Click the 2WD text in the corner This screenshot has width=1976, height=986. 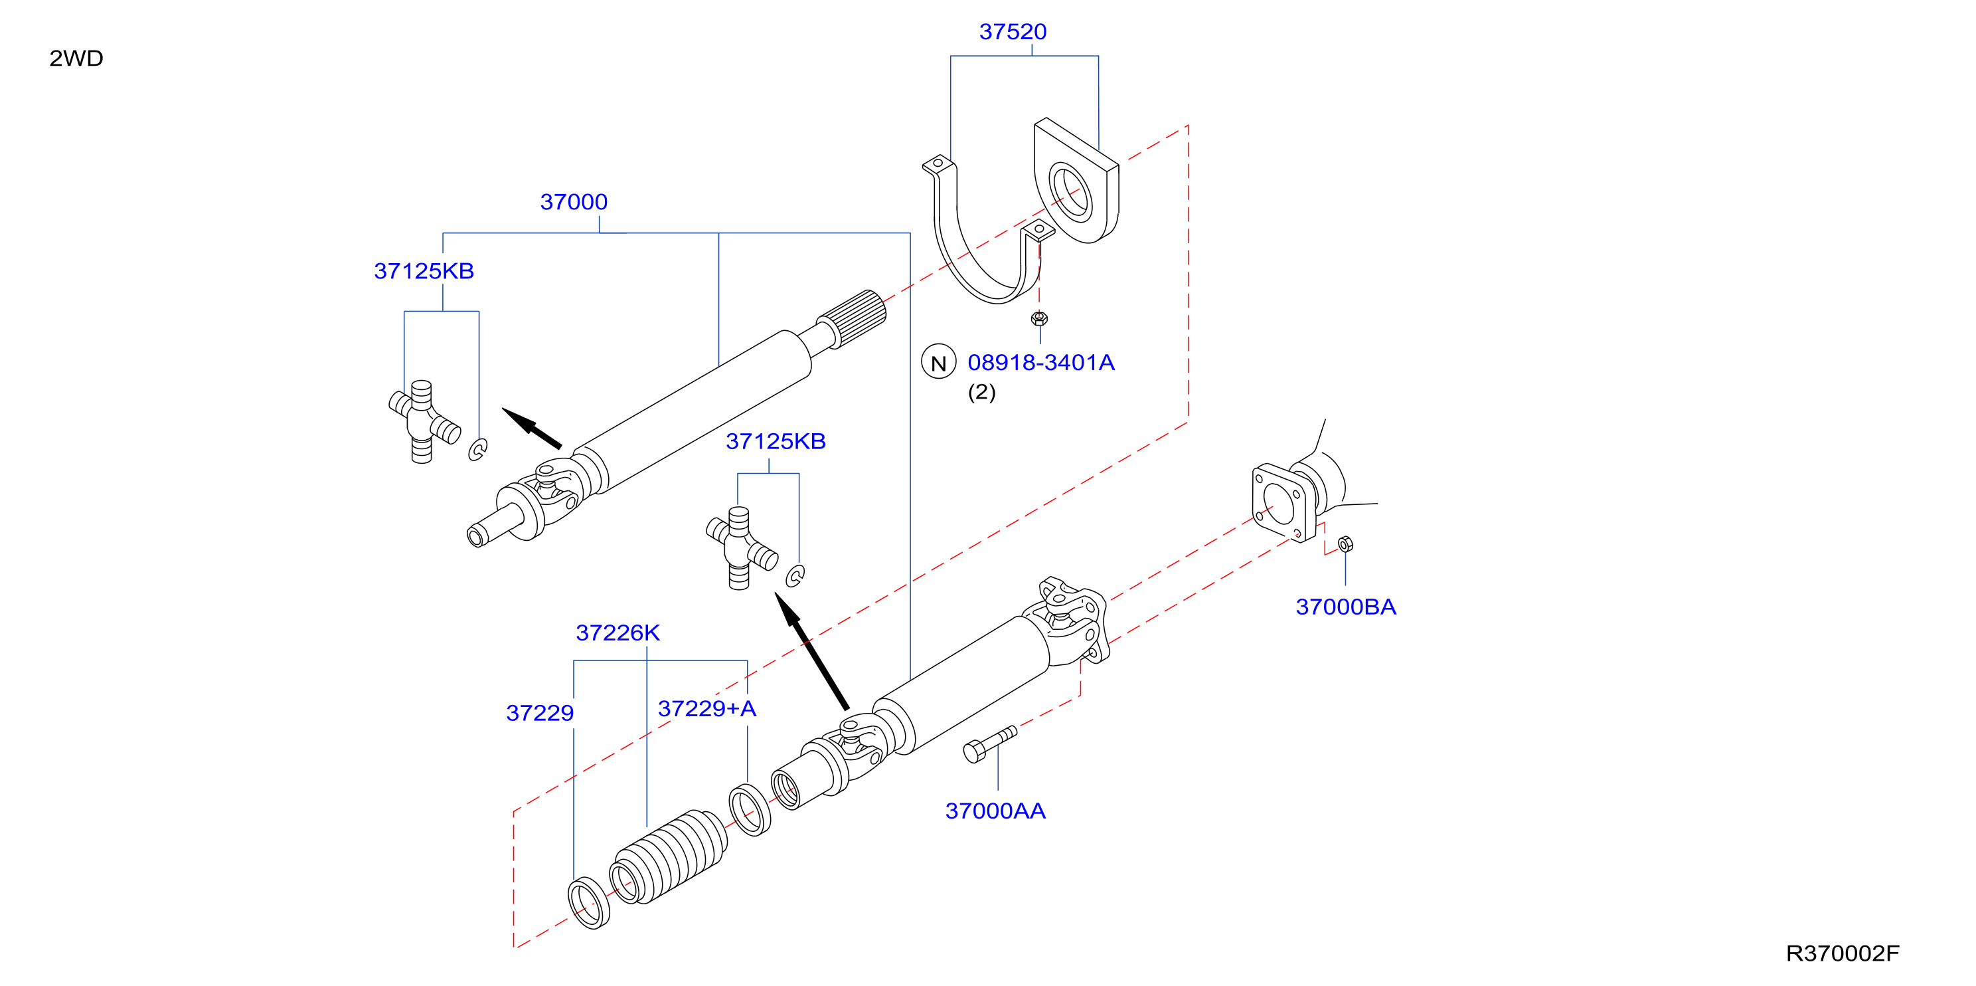coord(76,58)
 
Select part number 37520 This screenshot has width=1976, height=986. coord(1013,31)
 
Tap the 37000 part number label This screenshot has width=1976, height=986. coord(574,202)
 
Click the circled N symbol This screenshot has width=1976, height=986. coord(938,362)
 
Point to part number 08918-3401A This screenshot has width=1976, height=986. coord(1041,362)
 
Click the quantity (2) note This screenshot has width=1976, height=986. coord(982,392)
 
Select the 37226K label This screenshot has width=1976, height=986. coord(617,633)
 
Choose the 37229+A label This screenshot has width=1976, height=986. coord(706,708)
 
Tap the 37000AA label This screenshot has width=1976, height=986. coord(995,811)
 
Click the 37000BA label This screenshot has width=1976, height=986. coord(1345,607)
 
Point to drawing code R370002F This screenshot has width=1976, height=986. coord(1843,953)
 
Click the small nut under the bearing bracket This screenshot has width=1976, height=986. coord(1039,318)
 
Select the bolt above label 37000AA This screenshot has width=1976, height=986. coord(989,744)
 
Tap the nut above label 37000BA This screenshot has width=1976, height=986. coord(1345,545)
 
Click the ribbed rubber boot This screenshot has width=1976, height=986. coord(668,856)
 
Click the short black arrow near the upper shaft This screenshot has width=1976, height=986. coord(532,427)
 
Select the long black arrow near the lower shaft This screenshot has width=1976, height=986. coord(811,650)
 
